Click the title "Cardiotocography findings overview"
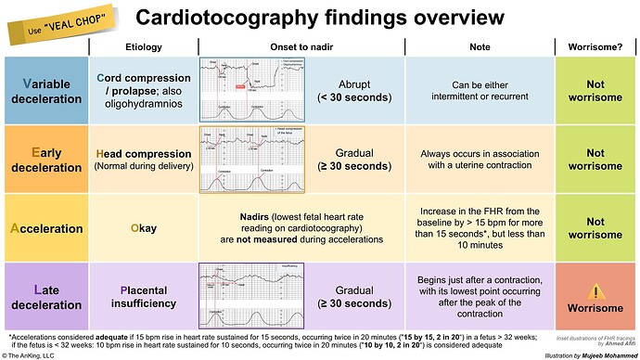[x=320, y=18]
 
